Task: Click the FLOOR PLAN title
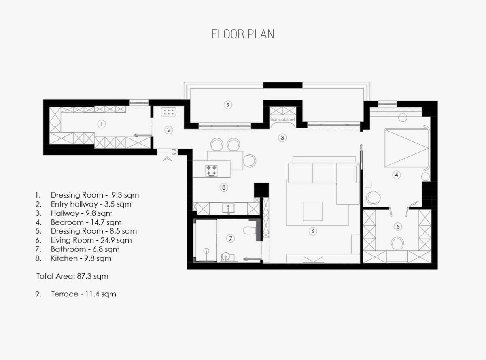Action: pos(242,34)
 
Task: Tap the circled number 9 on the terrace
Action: pos(228,105)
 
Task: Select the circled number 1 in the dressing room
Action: pos(102,124)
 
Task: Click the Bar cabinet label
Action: pos(283,119)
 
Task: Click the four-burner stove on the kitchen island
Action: pos(212,171)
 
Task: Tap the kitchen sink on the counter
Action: pos(228,209)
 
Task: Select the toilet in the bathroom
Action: pos(249,230)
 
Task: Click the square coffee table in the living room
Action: pos(313,211)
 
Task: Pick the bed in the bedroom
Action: pos(407,149)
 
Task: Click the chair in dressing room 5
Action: pos(397,243)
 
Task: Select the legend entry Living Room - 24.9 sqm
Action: pos(83,240)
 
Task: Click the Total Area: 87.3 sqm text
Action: pos(72,276)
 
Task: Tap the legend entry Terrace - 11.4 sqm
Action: pos(76,294)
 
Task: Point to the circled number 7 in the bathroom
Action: pos(230,239)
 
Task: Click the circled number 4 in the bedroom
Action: pos(397,175)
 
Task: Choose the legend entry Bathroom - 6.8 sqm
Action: pos(77,249)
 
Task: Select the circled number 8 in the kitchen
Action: pos(224,187)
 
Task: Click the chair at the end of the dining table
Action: pos(250,161)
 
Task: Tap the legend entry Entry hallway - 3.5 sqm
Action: pos(83,204)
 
